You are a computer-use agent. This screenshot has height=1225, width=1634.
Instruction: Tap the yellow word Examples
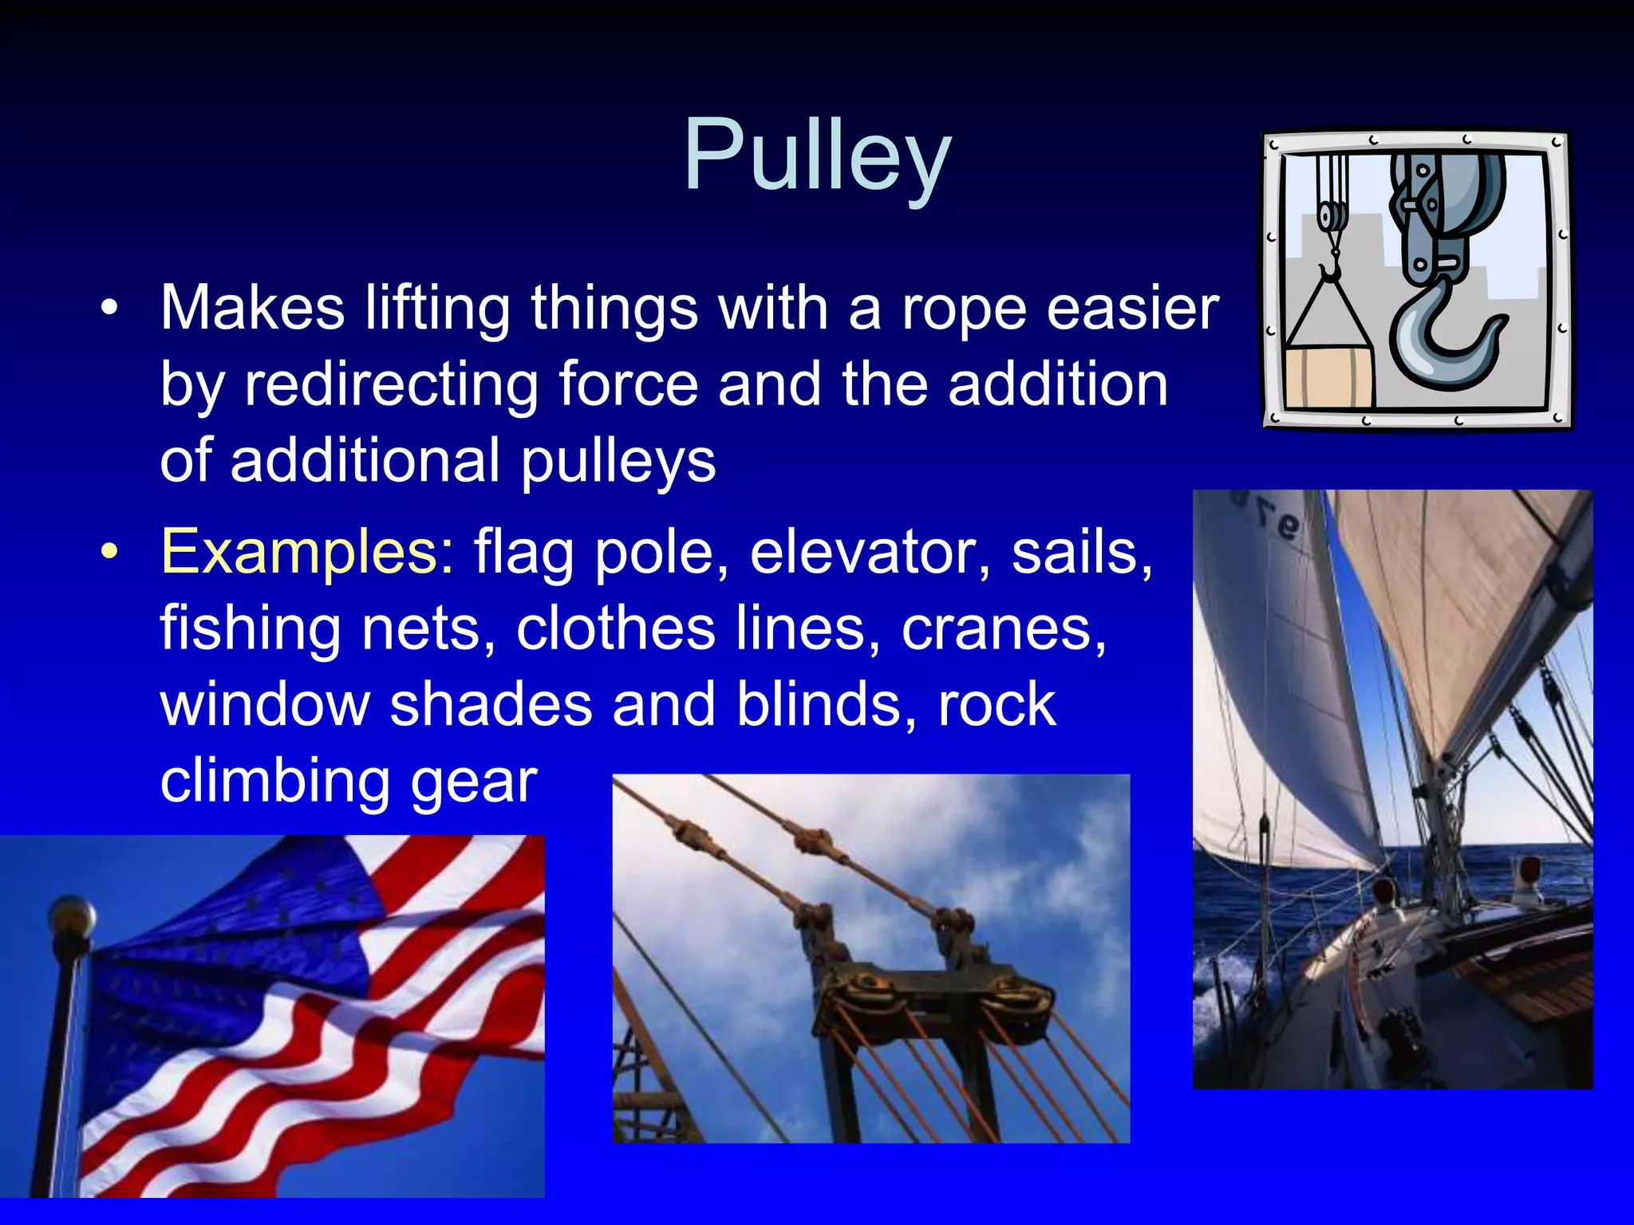tap(307, 552)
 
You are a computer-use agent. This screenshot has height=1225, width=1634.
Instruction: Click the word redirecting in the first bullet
tap(390, 385)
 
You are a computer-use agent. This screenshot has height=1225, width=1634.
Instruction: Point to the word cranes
tap(1004, 628)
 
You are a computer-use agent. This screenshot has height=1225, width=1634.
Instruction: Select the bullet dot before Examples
tap(110, 552)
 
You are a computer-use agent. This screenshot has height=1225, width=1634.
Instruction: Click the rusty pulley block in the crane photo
tap(933, 997)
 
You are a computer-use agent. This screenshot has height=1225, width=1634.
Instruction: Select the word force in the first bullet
tap(627, 385)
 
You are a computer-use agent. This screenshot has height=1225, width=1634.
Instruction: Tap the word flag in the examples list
tap(523, 552)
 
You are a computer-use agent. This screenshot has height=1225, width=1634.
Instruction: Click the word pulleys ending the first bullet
tap(618, 462)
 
